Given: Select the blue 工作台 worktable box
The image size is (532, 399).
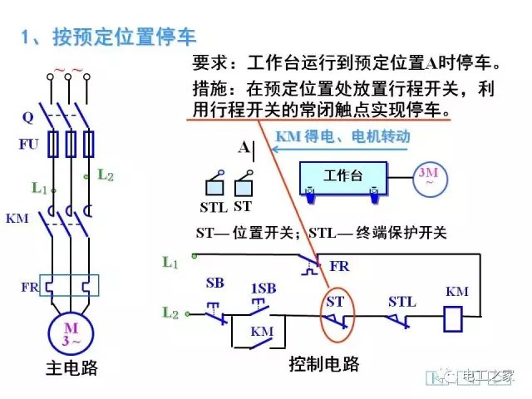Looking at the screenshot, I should pos(343,177).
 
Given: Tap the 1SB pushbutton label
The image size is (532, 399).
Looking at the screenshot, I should pos(263,288).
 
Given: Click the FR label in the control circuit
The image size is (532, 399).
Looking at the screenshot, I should pos(339,266).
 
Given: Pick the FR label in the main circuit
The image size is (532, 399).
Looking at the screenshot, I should pos(29,287).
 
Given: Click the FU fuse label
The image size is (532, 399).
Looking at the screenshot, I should pos(28,144).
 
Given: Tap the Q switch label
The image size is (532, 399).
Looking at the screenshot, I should pos(27,117).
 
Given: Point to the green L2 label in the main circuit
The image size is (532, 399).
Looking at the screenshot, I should pos(105,175).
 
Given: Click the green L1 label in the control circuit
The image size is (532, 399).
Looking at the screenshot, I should pos(170,263).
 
